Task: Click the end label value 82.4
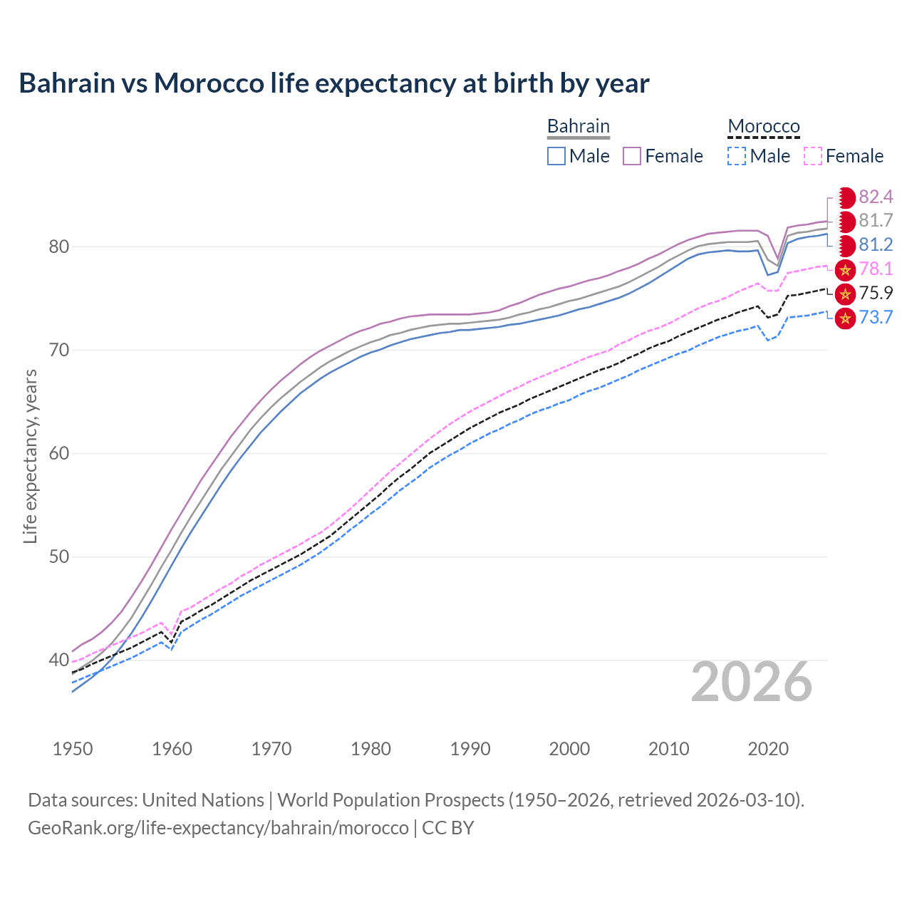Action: click(876, 197)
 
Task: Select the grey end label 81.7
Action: click(876, 222)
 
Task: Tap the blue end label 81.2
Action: click(876, 245)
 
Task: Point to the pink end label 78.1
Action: click(876, 269)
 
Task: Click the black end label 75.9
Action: click(876, 294)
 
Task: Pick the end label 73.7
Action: click(876, 318)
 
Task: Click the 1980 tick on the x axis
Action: click(370, 749)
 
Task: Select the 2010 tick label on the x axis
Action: click(668, 749)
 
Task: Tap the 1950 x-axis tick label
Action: click(73, 749)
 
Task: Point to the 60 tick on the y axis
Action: click(59, 454)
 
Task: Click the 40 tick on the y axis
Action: click(59, 660)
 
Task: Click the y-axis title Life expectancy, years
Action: click(31, 456)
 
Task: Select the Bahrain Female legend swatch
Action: click(632, 156)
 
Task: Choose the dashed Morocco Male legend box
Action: click(737, 156)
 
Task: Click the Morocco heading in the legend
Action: click(764, 126)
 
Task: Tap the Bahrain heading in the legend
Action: click(578, 126)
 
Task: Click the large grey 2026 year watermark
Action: click(751, 683)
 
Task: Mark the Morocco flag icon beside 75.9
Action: click(845, 294)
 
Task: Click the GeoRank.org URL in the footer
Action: click(218, 828)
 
